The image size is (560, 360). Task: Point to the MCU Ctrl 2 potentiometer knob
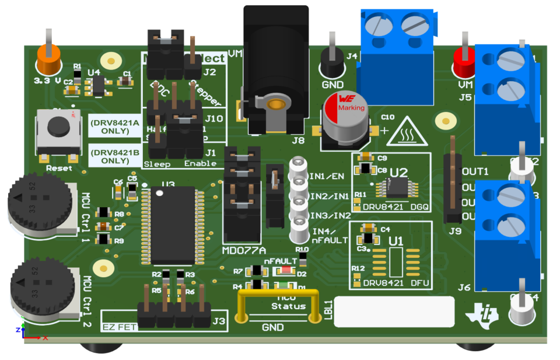point(41,289)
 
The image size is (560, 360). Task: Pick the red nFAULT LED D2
point(285,270)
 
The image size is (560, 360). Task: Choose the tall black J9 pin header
point(453,181)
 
